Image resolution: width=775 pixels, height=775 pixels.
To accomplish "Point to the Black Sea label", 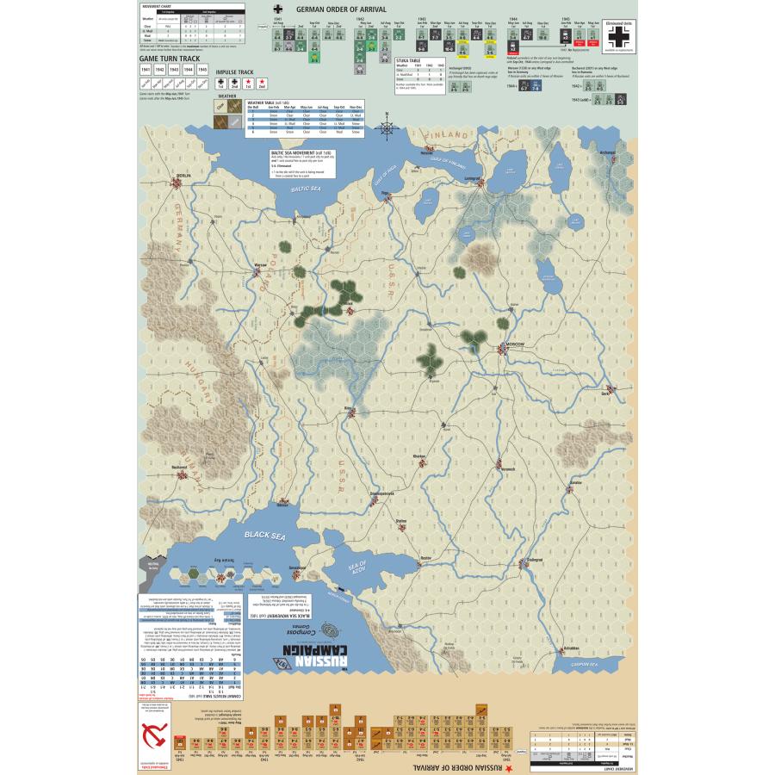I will coord(263,535).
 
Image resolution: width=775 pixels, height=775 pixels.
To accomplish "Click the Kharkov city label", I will coord(419,456).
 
